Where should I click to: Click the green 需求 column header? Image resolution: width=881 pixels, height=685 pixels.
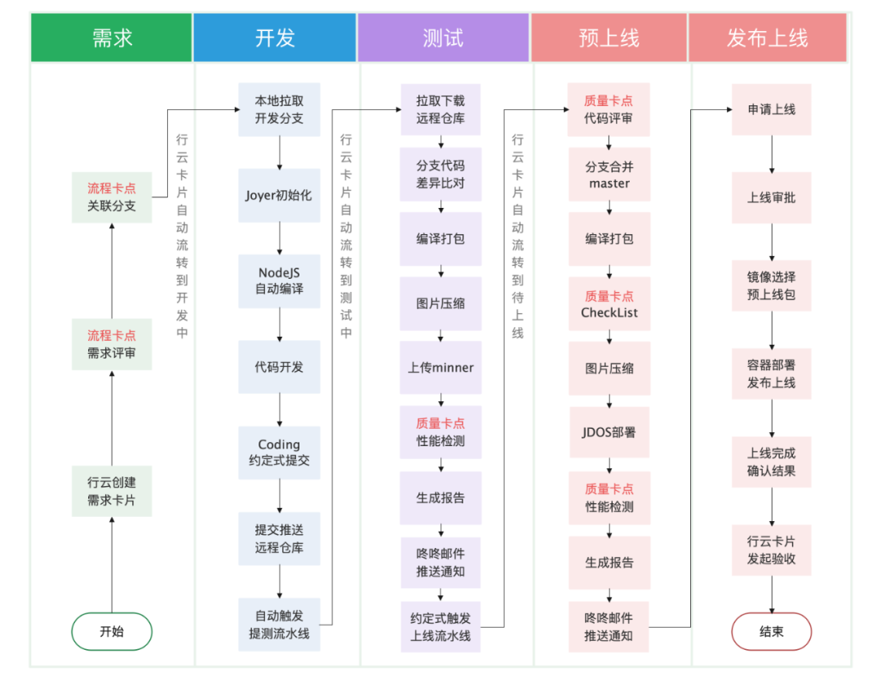pyautogui.click(x=111, y=38)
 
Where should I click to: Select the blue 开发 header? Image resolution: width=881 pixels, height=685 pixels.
pyautogui.click(x=275, y=38)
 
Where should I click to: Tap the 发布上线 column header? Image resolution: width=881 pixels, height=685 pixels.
pyautogui.click(x=767, y=38)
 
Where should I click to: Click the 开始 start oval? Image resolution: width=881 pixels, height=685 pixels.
pyautogui.click(x=112, y=631)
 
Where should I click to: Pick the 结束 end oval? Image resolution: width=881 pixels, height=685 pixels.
pyautogui.click(x=771, y=631)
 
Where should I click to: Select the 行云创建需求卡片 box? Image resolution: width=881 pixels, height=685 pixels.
pyautogui.click(x=112, y=491)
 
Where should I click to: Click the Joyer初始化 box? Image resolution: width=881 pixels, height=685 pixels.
pyautogui.click(x=279, y=196)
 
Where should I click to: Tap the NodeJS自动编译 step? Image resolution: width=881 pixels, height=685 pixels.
pyautogui.click(x=279, y=281)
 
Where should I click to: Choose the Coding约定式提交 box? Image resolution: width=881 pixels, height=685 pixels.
pyautogui.click(x=279, y=453)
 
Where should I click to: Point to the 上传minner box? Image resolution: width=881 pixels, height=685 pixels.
pyautogui.click(x=440, y=368)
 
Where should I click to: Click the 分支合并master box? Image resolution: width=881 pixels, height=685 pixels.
pyautogui.click(x=609, y=175)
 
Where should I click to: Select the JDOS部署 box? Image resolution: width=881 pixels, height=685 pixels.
pyautogui.click(x=609, y=432)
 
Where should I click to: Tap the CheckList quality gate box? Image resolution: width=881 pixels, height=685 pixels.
pyautogui.click(x=609, y=304)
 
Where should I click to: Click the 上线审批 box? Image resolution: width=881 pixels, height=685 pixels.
pyautogui.click(x=771, y=197)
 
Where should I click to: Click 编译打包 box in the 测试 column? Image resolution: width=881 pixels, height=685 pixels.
pyautogui.click(x=440, y=239)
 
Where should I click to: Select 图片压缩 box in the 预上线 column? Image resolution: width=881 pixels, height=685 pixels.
pyautogui.click(x=609, y=368)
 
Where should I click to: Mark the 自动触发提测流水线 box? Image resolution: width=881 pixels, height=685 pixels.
pyautogui.click(x=279, y=624)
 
